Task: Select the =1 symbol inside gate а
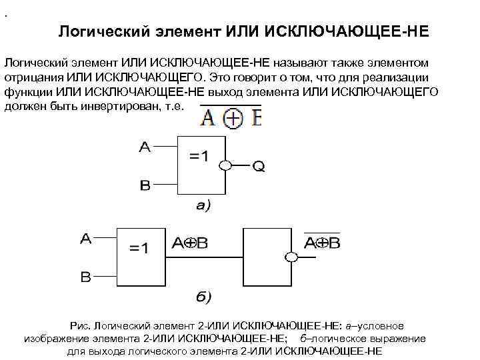(198, 157)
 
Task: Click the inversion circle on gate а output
(227, 165)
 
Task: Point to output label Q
(258, 167)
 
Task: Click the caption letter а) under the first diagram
(201, 206)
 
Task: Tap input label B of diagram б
(86, 277)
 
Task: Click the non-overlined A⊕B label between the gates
(191, 244)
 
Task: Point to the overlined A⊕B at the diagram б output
(322, 243)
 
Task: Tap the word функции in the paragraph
(28, 91)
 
